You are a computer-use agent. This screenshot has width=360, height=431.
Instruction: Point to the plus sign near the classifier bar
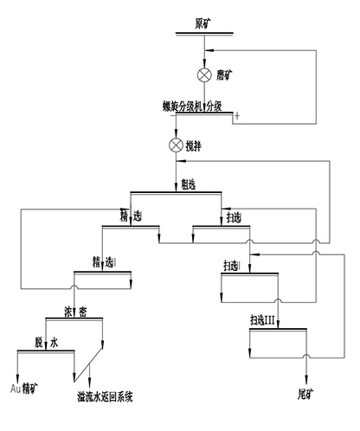[236, 115]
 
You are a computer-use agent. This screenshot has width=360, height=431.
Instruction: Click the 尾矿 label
[305, 391]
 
